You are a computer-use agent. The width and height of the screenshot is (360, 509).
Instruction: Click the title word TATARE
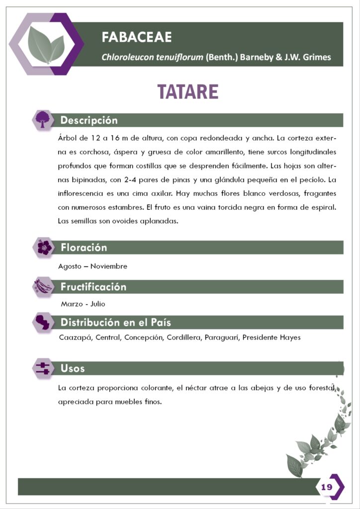click(x=188, y=92)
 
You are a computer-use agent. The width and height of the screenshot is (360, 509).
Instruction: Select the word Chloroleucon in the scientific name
click(x=127, y=57)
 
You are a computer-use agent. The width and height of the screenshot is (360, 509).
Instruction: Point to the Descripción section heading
click(x=89, y=120)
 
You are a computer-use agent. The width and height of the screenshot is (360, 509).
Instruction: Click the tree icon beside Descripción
click(x=44, y=119)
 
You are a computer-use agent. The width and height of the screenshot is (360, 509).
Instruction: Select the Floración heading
click(x=84, y=248)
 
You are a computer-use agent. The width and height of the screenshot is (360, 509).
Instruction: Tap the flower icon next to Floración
click(x=44, y=247)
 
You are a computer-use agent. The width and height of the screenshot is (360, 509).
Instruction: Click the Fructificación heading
click(x=93, y=287)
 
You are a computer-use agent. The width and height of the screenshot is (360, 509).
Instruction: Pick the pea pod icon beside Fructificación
click(x=44, y=286)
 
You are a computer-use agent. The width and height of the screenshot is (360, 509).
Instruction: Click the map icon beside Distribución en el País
click(x=44, y=322)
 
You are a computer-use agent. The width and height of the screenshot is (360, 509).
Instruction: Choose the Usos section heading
click(x=73, y=368)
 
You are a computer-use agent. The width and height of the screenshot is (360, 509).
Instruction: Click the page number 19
click(x=327, y=487)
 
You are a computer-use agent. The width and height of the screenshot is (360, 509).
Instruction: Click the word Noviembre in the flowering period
click(x=108, y=266)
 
